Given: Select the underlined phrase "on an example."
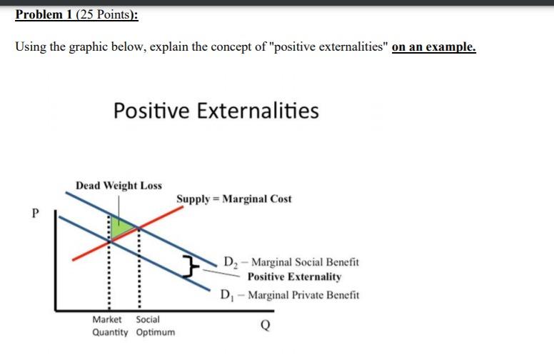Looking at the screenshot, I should [434, 47].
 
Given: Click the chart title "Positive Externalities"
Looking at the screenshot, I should [216, 111].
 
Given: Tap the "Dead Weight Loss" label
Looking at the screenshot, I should [119, 186].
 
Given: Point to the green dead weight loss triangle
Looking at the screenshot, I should [121, 228].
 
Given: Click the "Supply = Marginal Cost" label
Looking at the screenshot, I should [234, 199].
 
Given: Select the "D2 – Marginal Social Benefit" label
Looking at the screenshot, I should [291, 262].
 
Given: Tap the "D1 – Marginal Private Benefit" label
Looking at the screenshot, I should [290, 294].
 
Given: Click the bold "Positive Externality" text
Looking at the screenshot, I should [294, 276].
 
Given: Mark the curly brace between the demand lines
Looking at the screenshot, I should [189, 268].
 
